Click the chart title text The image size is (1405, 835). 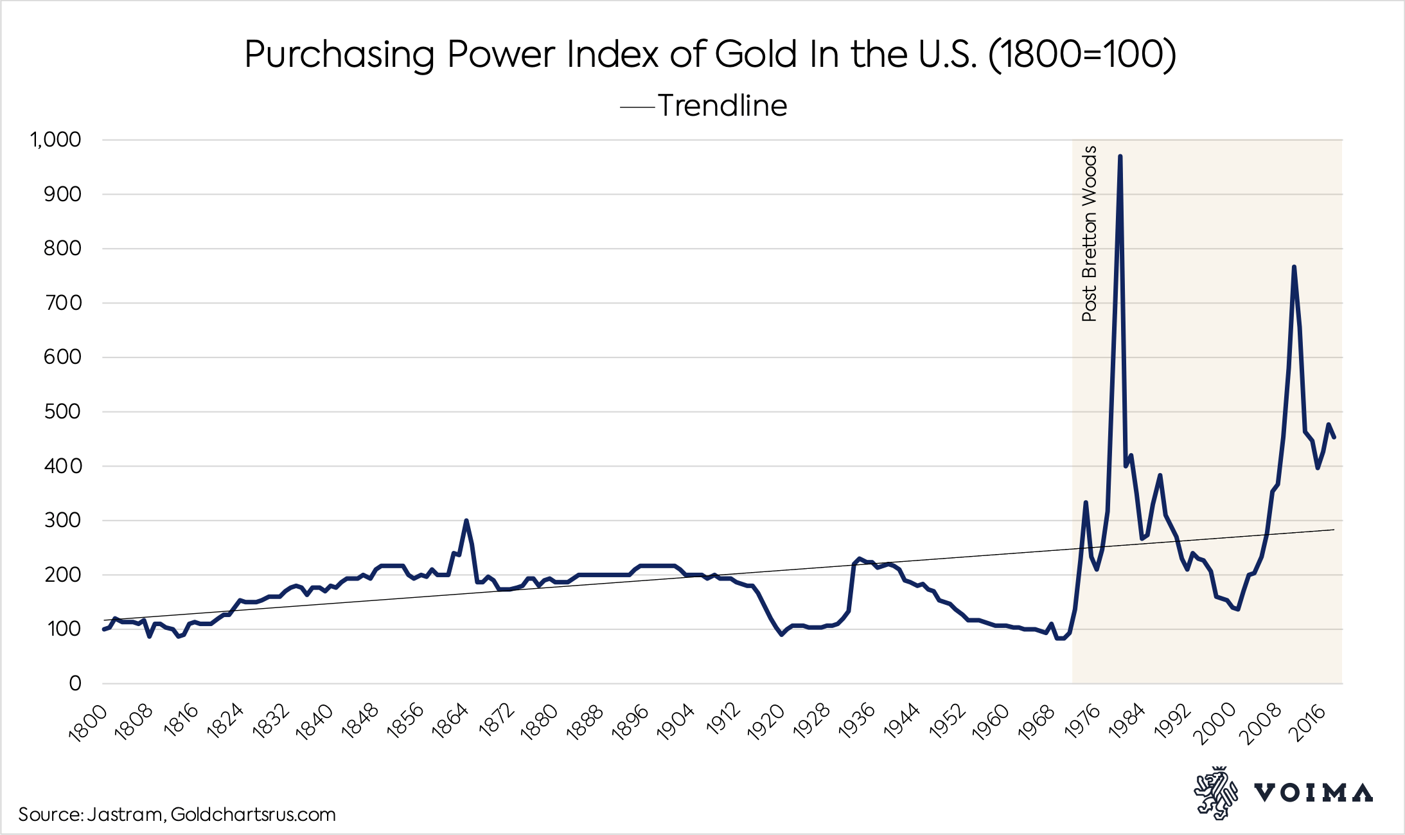710,54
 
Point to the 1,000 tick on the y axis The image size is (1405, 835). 56,139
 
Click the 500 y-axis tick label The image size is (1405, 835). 62,411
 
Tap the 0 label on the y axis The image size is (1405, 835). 75,683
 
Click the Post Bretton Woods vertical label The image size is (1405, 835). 1089,233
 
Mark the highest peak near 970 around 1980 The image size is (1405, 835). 1120,156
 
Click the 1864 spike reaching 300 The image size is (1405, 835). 466,521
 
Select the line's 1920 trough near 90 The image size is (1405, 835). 781,634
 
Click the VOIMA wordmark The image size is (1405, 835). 1313,793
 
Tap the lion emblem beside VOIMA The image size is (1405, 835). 1215,793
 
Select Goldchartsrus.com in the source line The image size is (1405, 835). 253,814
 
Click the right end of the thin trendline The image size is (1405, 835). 1333,530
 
